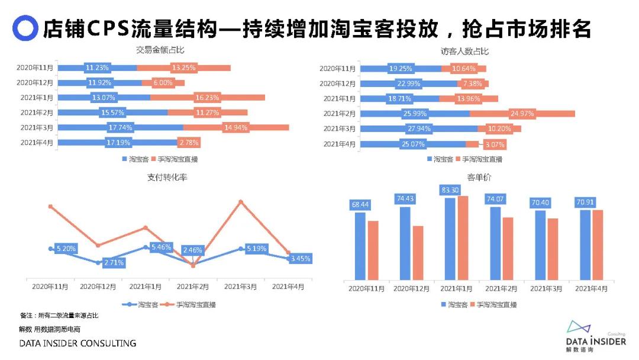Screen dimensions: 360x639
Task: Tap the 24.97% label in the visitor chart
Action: (522, 114)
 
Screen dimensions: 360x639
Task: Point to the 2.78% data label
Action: (189, 143)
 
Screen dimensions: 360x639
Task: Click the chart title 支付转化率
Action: (167, 177)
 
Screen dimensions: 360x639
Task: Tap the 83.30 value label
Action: (450, 190)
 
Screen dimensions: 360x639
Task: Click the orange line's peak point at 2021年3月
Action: (241, 201)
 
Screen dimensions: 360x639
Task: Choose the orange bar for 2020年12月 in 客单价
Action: (418, 253)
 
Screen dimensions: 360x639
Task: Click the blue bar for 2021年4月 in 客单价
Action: (585, 245)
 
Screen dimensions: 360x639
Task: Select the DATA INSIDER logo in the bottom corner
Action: (595, 336)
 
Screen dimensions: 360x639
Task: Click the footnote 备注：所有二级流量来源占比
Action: (59, 316)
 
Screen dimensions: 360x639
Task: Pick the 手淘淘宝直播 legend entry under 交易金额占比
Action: (176, 159)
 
